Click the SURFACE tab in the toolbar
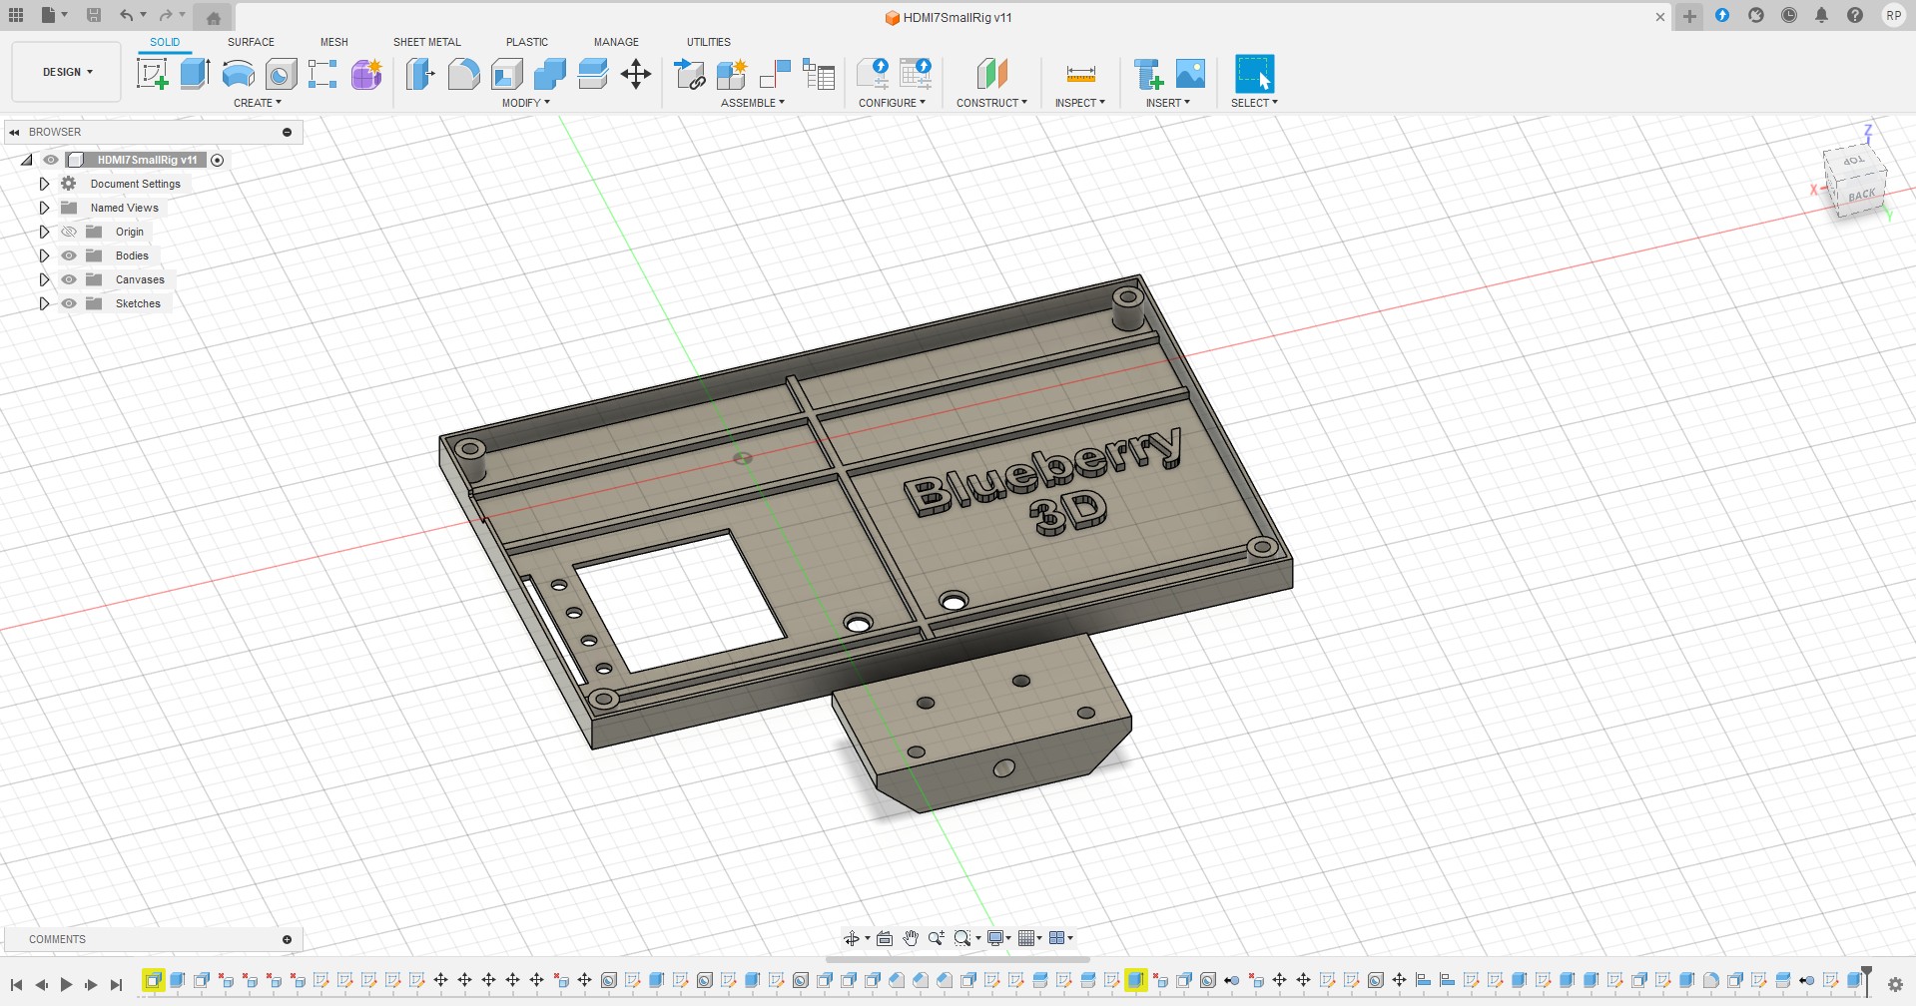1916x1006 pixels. coord(251,42)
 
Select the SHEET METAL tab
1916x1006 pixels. coord(426,42)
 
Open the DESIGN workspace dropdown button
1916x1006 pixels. coord(67,72)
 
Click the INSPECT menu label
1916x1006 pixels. coord(1079,103)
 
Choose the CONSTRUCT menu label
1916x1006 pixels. coord(990,103)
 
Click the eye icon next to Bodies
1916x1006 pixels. coord(69,255)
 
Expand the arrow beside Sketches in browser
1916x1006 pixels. coord(44,303)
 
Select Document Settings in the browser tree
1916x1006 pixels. coord(135,184)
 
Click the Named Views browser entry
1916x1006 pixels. coord(124,208)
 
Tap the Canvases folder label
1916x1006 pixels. coord(140,279)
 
